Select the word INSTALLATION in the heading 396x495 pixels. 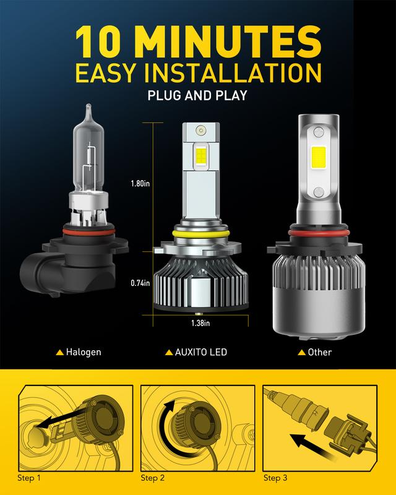pos(233,73)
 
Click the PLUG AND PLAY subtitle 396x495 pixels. pos(197,95)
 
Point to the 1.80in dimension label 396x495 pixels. pos(140,183)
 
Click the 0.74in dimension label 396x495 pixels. pos(140,283)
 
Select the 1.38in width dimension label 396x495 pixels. pos(200,323)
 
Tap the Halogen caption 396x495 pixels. pos(84,352)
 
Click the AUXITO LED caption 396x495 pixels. pos(201,352)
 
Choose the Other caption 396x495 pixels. pos(319,352)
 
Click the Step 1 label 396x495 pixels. pos(29,478)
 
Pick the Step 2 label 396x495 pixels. pos(153,478)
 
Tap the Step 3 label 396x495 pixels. pos(275,478)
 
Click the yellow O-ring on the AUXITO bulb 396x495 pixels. pos(200,234)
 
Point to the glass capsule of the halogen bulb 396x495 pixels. pos(88,152)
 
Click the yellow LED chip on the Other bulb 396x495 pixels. pos(318,158)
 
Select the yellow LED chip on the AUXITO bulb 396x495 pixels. pos(201,155)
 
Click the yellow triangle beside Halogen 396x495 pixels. pos(59,352)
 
